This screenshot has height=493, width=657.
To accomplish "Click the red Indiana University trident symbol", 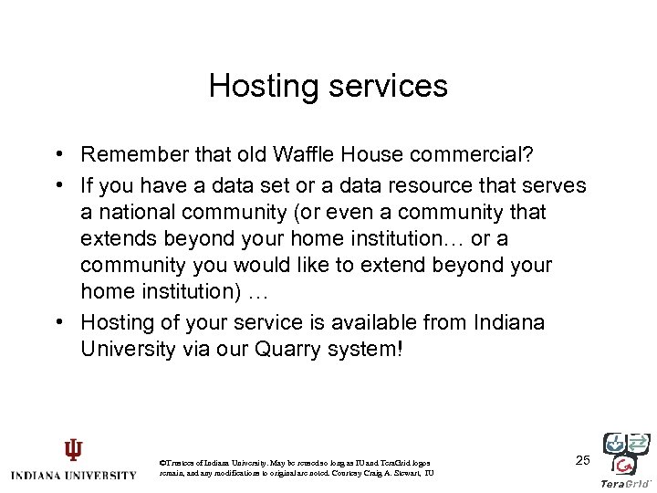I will click(x=72, y=450).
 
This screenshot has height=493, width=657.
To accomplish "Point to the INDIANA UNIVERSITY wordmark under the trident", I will click(x=73, y=475).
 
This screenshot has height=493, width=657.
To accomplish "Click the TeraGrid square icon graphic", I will click(x=626, y=453).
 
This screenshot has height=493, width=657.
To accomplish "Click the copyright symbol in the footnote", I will click(x=162, y=464).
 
